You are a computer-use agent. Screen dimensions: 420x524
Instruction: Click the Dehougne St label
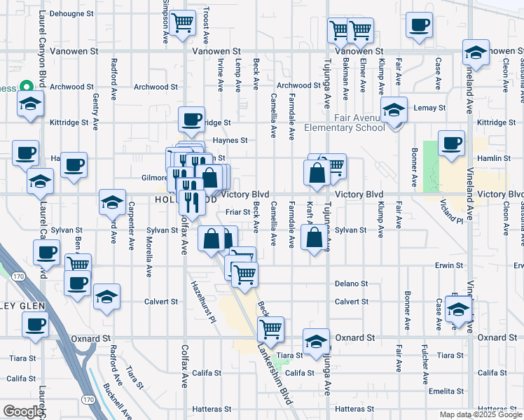click(72, 13)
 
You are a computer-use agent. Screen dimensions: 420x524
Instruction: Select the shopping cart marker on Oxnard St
click(270, 328)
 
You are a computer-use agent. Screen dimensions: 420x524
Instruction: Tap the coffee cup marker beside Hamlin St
click(451, 143)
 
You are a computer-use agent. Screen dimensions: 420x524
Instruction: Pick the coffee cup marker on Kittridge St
click(191, 120)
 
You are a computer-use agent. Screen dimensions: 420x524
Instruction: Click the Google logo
click(22, 412)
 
